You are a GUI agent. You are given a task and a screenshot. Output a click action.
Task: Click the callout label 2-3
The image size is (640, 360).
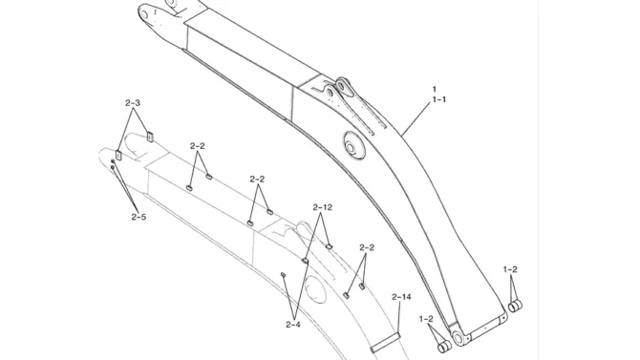click(132, 103)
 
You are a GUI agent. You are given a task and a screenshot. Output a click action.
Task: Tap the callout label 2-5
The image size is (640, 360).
click(139, 217)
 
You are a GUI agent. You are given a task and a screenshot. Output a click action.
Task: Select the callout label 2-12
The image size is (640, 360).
click(322, 207)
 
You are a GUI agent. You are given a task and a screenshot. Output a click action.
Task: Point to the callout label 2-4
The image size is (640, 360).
click(293, 325)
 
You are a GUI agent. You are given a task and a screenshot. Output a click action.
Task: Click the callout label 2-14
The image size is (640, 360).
click(401, 297)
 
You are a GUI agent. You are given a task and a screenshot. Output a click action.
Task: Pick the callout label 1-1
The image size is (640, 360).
click(438, 99)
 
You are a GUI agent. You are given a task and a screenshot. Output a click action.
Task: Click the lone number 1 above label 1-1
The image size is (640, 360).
click(435, 89)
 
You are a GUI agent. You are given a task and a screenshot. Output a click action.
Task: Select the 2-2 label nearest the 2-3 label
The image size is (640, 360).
click(197, 146)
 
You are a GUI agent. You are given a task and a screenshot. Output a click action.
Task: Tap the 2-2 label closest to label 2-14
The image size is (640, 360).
click(367, 247)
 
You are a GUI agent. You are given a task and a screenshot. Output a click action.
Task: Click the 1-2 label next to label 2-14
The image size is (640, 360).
click(426, 319)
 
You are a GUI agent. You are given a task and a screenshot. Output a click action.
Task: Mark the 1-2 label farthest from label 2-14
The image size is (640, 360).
click(510, 269)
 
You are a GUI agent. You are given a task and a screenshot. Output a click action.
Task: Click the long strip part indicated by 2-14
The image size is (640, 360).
click(385, 343)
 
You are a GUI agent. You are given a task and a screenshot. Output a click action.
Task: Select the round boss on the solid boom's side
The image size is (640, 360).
click(354, 146)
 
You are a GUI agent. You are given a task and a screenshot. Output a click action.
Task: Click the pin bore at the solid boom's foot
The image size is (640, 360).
click(458, 338)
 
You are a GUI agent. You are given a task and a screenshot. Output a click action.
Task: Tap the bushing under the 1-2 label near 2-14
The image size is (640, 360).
click(443, 347)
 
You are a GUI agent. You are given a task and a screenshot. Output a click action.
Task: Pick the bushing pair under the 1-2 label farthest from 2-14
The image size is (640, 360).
click(515, 306)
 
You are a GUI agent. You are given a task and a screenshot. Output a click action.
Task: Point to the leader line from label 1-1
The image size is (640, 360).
click(416, 118)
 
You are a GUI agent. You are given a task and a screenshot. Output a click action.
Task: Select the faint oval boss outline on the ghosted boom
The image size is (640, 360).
click(315, 289)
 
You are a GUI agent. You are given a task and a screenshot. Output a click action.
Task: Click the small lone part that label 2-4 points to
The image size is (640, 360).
click(283, 275)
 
